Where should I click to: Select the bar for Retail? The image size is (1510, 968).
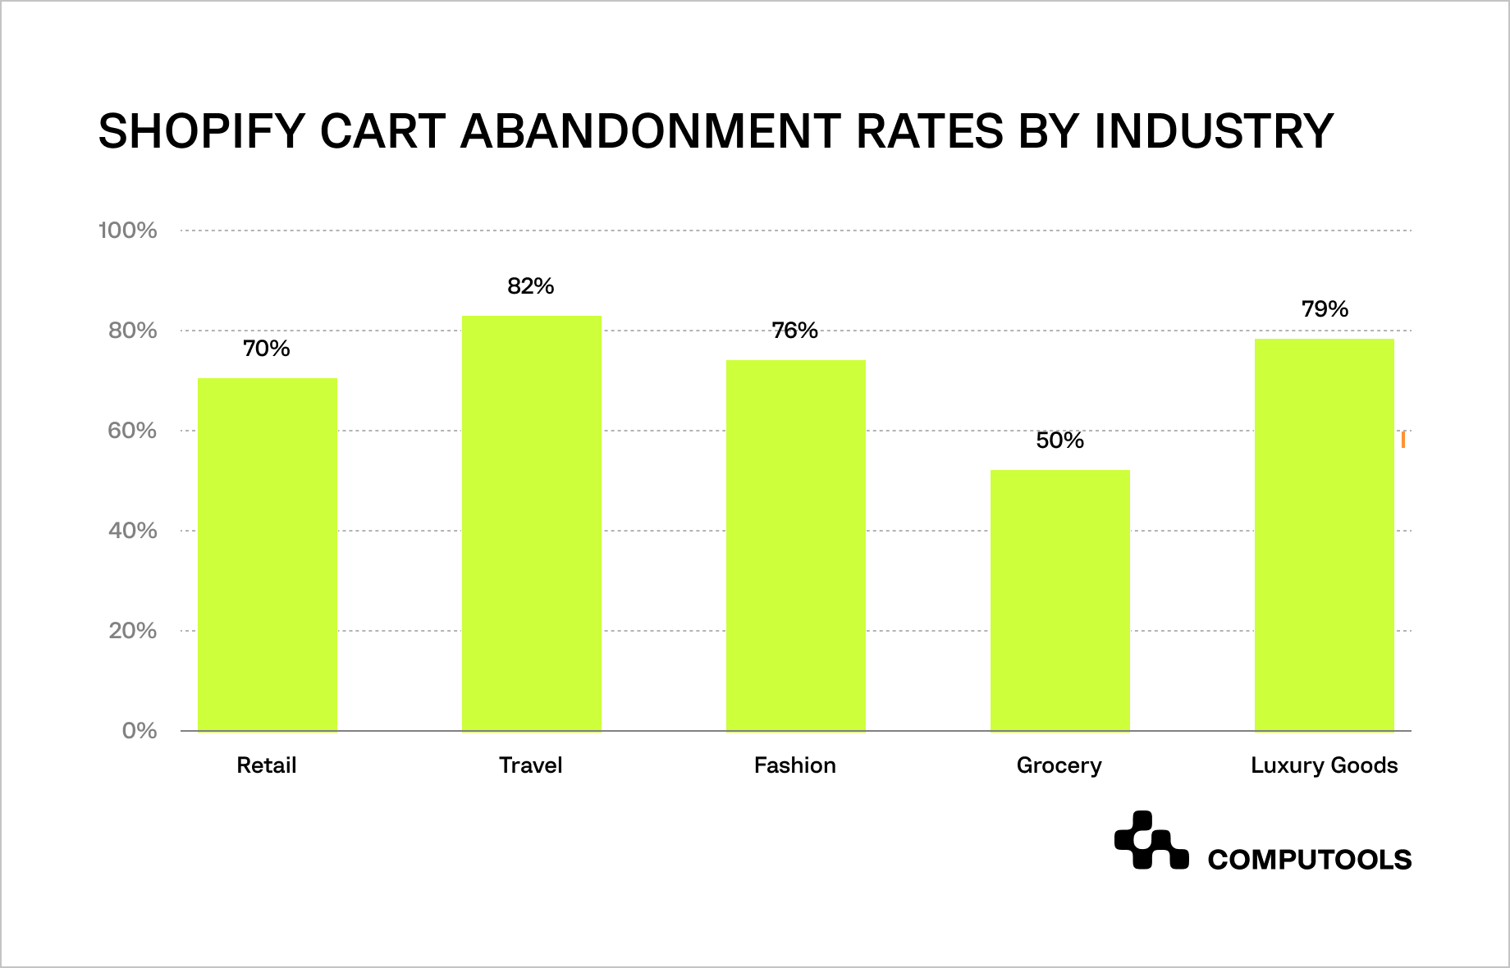[268, 555]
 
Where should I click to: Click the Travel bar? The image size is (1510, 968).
[532, 523]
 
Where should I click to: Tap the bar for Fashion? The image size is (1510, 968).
[796, 546]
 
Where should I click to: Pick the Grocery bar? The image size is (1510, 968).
[1060, 600]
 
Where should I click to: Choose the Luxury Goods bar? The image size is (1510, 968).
[1325, 535]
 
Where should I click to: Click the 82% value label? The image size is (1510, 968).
[531, 286]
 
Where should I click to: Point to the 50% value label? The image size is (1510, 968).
[1059, 441]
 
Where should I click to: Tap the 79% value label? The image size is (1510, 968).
[1325, 309]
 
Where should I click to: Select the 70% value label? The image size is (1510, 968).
[267, 349]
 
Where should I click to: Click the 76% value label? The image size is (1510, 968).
[795, 331]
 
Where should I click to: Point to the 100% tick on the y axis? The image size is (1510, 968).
[128, 231]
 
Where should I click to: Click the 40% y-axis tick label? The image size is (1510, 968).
[133, 531]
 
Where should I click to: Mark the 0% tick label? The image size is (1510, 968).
[140, 731]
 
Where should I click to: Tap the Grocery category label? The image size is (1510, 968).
[1059, 765]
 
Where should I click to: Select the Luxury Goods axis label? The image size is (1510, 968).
[1324, 765]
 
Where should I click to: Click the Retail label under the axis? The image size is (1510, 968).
[267, 765]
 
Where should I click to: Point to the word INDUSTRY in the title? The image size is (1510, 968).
[1214, 131]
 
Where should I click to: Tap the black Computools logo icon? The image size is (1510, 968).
[1151, 840]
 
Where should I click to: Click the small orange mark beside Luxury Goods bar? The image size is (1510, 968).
[1403, 440]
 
